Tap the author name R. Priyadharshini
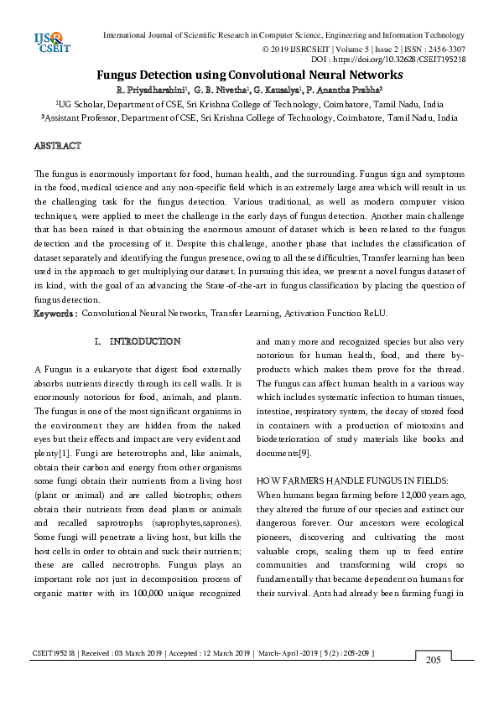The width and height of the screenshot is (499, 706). pos(152,89)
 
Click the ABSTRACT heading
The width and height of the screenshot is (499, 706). pos(57,146)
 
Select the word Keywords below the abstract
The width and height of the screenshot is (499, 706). pos(55,314)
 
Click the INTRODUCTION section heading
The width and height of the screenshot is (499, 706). pos(144,342)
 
